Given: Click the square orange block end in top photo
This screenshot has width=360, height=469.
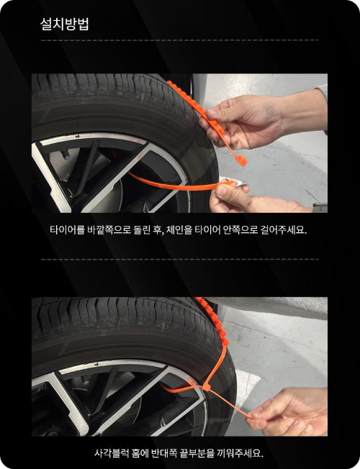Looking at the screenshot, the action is (242, 161).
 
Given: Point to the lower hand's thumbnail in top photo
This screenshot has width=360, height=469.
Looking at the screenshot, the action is (221, 190).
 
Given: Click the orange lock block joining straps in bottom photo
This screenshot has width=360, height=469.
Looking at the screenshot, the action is (207, 387).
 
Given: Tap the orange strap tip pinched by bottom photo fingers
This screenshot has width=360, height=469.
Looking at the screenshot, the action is (250, 416).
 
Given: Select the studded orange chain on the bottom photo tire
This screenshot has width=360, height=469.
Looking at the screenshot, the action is (213, 320).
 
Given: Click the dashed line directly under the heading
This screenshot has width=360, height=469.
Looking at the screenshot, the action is (180, 40).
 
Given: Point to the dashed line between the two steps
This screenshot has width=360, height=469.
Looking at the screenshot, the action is (180, 260).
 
